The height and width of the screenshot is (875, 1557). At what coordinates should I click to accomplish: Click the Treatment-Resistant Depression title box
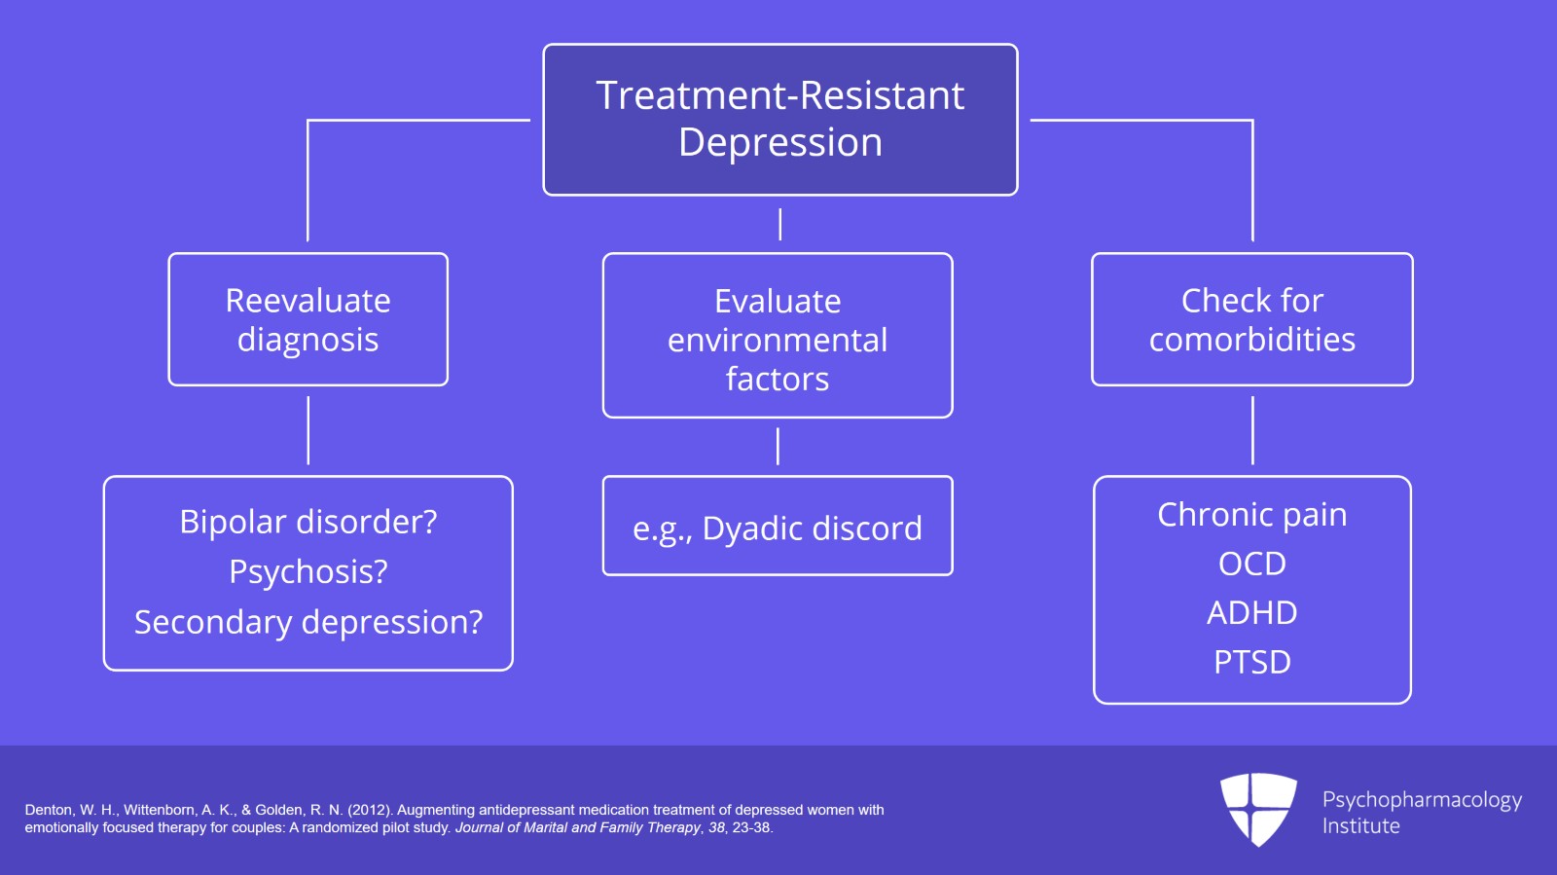[779, 119]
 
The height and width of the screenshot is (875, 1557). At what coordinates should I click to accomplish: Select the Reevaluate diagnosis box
[308, 319]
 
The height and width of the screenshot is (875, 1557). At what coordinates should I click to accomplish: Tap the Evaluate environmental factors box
[778, 336]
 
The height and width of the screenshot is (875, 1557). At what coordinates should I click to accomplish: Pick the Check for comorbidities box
[1251, 319]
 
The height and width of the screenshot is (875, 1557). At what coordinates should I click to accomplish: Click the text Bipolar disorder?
[308, 523]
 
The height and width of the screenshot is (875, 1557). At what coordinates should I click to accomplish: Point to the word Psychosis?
[308, 572]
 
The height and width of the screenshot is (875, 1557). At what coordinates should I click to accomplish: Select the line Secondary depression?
[308, 622]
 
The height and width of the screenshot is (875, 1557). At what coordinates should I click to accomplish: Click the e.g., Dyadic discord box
[778, 527]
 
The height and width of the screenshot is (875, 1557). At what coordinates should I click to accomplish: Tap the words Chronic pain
[1251, 515]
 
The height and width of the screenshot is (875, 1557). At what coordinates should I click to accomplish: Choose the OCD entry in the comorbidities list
[1251, 565]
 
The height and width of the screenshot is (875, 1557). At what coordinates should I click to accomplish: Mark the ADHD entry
[1251, 613]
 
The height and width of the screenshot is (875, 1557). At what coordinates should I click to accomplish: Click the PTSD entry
[1251, 663]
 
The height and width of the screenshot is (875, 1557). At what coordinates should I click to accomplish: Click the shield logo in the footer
[1258, 808]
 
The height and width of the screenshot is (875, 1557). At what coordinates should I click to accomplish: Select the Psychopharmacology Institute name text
[1421, 813]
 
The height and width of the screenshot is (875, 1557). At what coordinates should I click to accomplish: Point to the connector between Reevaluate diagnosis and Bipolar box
[308, 430]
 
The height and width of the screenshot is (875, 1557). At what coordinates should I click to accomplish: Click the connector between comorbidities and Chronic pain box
[1252, 430]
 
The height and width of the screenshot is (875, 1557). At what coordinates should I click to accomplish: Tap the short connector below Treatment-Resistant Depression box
[780, 224]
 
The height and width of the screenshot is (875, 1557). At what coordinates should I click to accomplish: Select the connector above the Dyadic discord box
[778, 447]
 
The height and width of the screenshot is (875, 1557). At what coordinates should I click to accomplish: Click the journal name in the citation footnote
[578, 828]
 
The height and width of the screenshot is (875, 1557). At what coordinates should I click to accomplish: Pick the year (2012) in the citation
[370, 810]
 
